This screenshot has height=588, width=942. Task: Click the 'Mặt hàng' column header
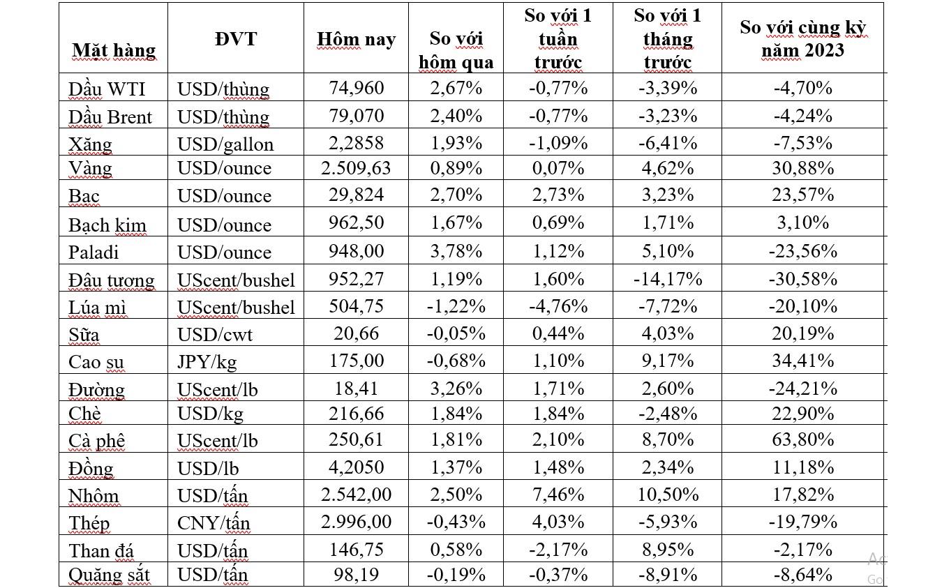pos(114,50)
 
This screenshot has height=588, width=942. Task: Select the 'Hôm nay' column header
pos(356,39)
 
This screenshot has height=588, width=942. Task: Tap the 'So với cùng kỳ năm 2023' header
pos(802,39)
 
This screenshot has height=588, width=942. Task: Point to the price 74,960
pos(356,88)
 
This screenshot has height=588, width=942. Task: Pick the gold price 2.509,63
pos(356,168)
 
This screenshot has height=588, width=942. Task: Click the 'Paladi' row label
pos(94,251)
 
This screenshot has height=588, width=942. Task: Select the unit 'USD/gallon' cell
pos(225,144)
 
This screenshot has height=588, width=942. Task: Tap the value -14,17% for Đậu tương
pos(667,279)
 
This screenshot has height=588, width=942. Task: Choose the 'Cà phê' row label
pos(96,440)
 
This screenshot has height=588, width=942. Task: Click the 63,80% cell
pos(802,439)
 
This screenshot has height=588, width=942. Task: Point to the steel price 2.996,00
pos(356,522)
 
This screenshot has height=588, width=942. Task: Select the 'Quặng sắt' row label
pos(109,575)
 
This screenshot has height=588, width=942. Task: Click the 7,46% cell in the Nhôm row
pos(558,495)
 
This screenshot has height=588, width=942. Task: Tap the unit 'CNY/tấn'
pos(214,522)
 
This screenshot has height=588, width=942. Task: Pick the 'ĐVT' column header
pos(235,38)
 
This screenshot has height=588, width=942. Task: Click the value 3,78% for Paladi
pos(456,251)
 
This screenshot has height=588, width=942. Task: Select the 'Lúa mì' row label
pos(97,307)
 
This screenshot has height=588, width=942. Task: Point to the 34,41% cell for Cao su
pos(802,361)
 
